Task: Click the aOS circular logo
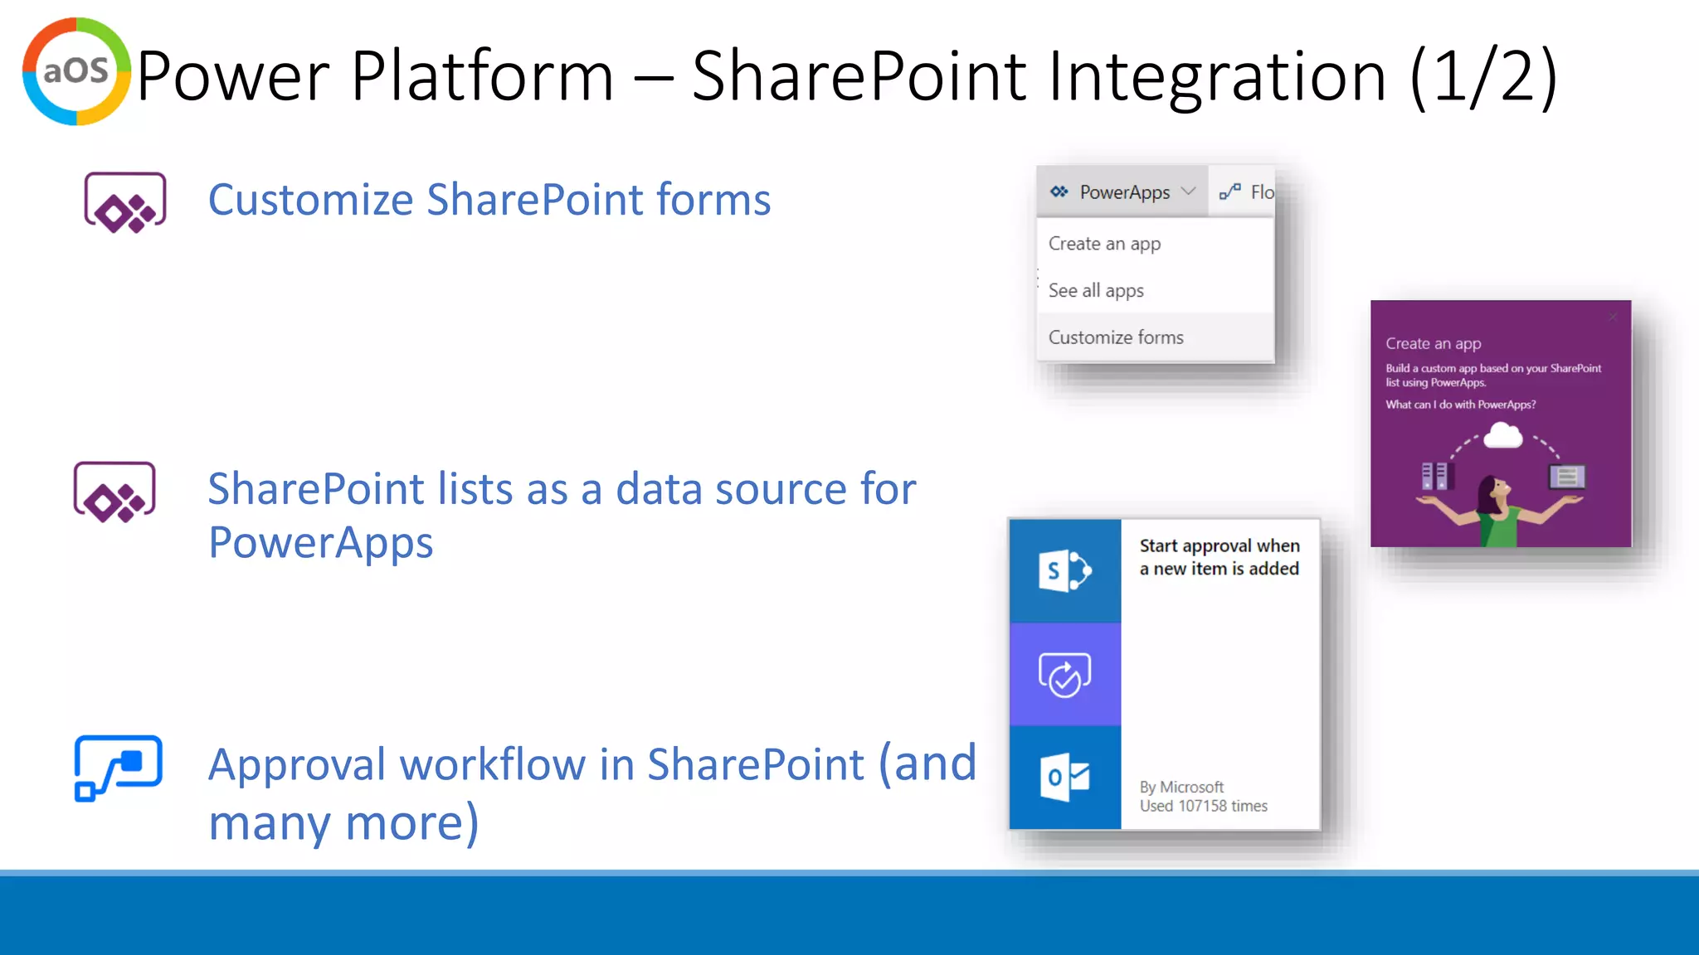[76, 71]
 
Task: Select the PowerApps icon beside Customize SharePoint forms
[125, 203]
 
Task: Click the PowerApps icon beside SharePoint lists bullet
[114, 492]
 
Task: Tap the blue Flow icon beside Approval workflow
[118, 768]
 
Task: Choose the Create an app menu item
[1104, 244]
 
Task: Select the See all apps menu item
[1096, 291]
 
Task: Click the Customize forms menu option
[1116, 337]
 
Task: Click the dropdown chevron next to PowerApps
[1188, 191]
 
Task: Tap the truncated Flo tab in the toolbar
[1248, 192]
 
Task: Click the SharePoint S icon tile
[1065, 570]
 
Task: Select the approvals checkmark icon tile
[1065, 675]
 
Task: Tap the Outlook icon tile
[1065, 778]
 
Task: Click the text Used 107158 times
[1203, 806]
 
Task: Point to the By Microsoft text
[1181, 787]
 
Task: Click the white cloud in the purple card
[1502, 435]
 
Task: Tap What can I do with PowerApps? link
[1460, 405]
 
